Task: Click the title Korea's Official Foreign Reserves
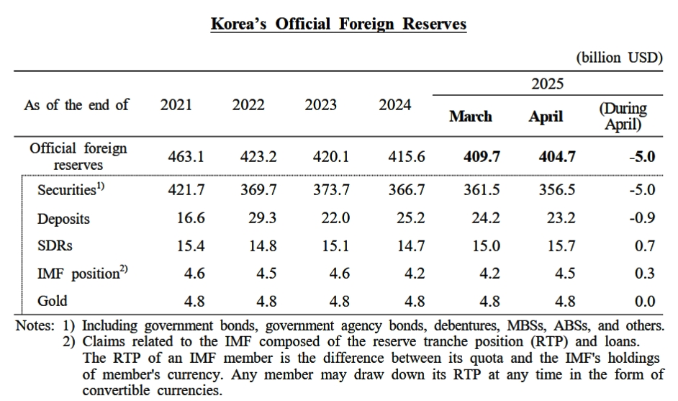pos(338,24)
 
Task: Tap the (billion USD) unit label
pos(619,58)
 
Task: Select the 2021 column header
pos(176,105)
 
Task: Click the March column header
pos(471,117)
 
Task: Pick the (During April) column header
pos(623,117)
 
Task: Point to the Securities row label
pos(70,191)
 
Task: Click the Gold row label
pos(53,301)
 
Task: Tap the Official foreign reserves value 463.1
pos(187,156)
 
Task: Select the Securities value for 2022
pos(258,191)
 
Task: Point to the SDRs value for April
pos(561,246)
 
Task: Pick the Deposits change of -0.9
pos(641,218)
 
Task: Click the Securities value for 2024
pos(407,191)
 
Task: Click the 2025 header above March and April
pos(547,84)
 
